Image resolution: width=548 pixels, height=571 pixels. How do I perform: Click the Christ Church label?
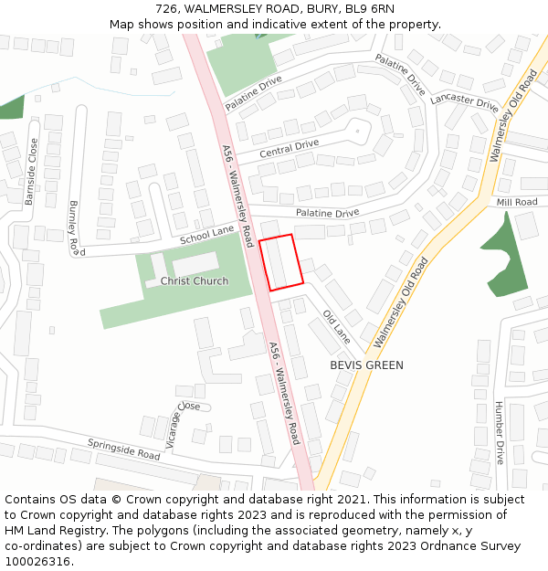pyautogui.click(x=195, y=281)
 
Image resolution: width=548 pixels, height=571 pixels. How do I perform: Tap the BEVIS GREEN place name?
pyautogui.click(x=366, y=365)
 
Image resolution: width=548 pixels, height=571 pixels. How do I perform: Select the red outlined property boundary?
pyautogui.click(x=281, y=262)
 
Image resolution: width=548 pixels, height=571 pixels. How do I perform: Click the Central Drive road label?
pyautogui.click(x=289, y=149)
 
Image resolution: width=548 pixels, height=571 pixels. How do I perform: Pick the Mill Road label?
pyautogui.click(x=517, y=202)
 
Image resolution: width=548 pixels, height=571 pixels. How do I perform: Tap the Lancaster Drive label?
pyautogui.click(x=464, y=100)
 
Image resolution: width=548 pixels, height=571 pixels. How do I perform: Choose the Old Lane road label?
pyautogui.click(x=337, y=326)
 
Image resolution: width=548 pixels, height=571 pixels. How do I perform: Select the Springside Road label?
pyautogui.click(x=123, y=449)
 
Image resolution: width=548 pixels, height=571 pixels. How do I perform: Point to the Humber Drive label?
pyautogui.click(x=499, y=432)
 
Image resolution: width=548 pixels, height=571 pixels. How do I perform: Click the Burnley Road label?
pyautogui.click(x=76, y=227)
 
